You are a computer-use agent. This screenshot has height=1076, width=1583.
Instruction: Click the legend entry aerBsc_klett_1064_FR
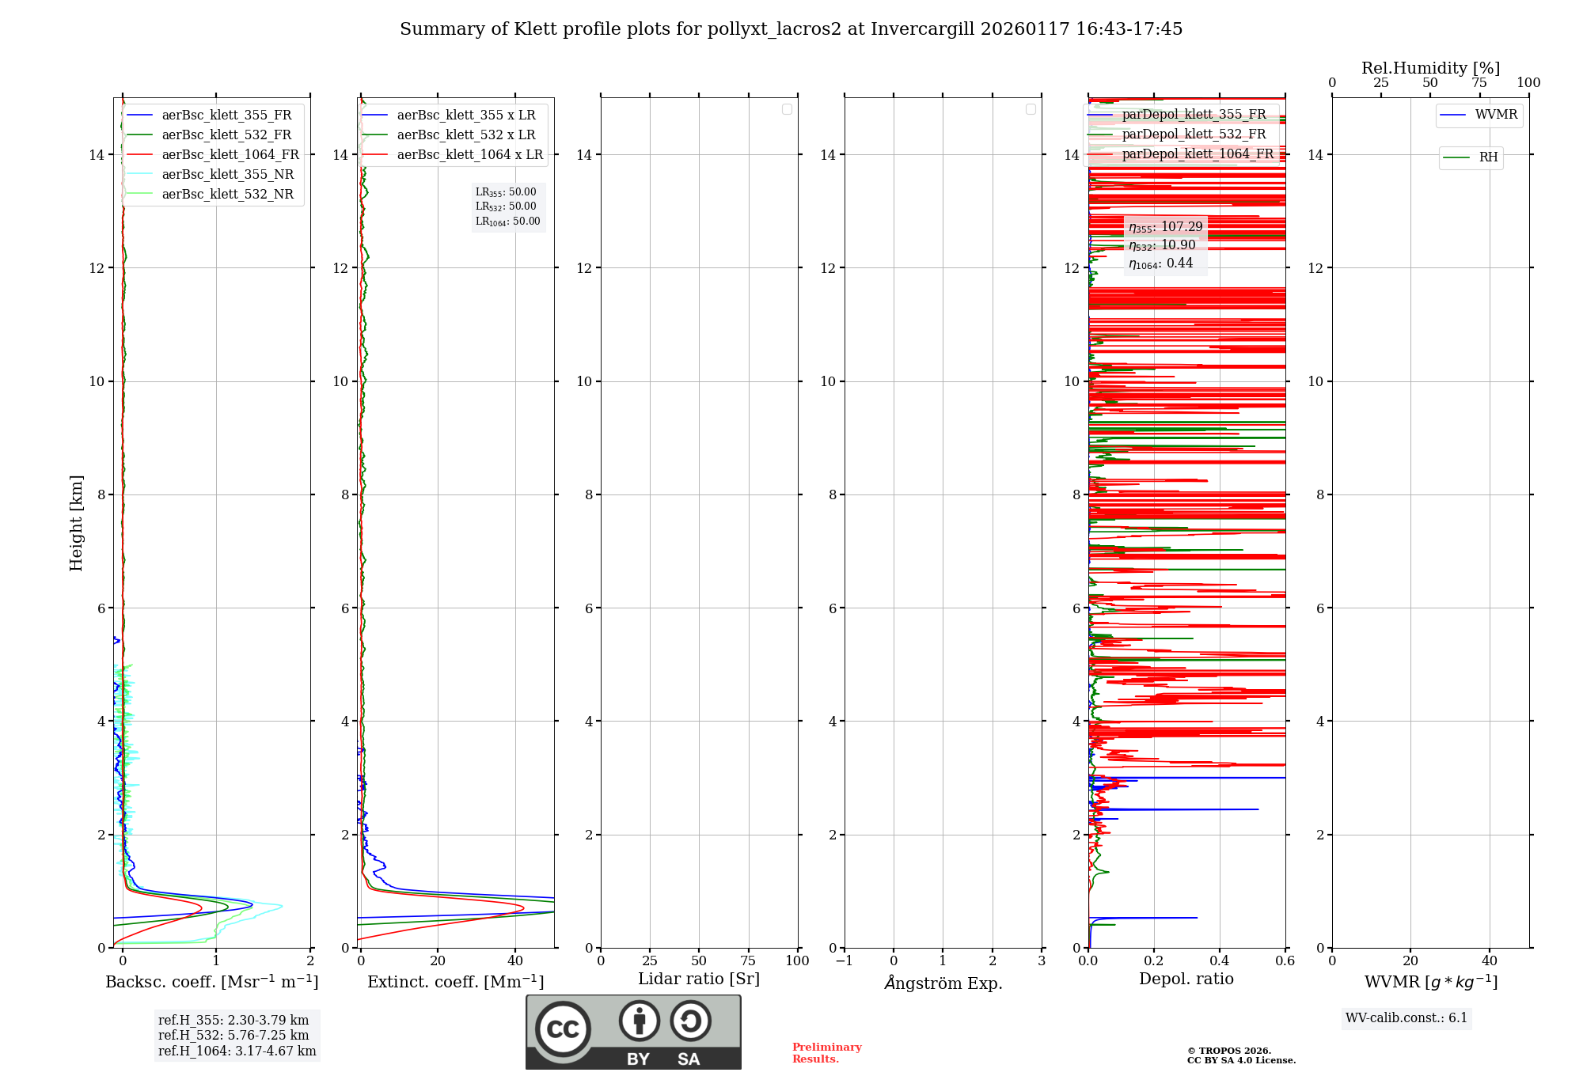point(230,155)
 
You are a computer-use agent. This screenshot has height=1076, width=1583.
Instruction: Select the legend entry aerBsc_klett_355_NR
point(227,175)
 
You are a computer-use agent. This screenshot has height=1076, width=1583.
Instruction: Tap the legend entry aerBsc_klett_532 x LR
point(466,135)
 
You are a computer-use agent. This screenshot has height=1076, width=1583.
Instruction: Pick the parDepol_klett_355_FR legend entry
point(1194,115)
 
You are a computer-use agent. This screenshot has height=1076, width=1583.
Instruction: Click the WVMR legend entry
point(1496,115)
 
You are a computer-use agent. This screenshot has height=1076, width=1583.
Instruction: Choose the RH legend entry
point(1488,157)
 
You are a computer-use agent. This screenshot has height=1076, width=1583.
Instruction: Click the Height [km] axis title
point(76,523)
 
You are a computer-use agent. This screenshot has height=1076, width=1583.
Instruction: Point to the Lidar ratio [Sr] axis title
point(698,979)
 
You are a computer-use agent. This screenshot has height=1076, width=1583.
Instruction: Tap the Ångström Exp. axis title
point(943,983)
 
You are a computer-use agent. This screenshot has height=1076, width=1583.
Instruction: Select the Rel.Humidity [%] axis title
point(1430,68)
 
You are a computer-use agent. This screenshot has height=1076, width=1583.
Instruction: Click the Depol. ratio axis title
point(1186,979)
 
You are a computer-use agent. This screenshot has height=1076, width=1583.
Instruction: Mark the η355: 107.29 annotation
point(1165,227)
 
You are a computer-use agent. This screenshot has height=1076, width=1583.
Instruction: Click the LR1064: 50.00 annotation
point(507,222)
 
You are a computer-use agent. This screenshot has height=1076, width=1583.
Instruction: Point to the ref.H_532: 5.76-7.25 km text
point(233,1036)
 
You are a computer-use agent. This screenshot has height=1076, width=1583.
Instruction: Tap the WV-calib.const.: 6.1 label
point(1406,1018)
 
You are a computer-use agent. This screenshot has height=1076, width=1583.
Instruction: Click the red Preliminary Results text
point(826,1053)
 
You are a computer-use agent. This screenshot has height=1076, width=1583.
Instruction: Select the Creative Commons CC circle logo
point(563,1029)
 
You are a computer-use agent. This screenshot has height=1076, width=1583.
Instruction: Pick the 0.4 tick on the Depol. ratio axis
point(1220,961)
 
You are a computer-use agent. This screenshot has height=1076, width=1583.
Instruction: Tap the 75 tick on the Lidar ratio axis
point(748,961)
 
